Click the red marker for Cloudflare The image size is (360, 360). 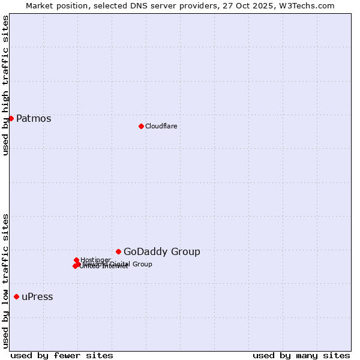coord(141,126)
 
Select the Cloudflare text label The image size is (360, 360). coord(161,126)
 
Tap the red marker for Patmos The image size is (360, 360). coord(11,118)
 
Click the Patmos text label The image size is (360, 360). coord(34,118)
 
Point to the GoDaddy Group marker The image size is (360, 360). coord(118,251)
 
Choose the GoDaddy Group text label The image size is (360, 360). coord(162,252)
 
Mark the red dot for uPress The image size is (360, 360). coord(16,296)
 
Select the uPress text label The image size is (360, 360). coord(37,297)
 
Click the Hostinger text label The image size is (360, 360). coord(96,260)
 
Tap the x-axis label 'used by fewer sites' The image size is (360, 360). coord(62,355)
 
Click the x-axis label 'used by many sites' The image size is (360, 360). coord(301,355)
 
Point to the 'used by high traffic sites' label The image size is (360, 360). coord(5,85)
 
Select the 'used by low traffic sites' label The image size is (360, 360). coord(5,281)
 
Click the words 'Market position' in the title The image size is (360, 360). coord(53,5)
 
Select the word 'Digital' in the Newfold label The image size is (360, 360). coord(120,264)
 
